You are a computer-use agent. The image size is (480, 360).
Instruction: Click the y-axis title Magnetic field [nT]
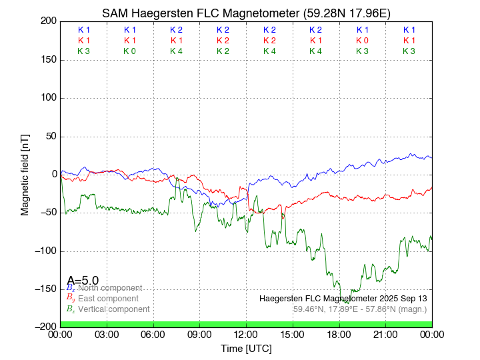click(25, 173)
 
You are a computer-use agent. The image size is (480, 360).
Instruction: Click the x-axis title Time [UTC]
click(246, 348)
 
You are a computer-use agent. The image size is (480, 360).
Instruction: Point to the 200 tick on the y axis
click(49, 21)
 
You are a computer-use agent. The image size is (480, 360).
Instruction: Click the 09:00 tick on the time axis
click(199, 334)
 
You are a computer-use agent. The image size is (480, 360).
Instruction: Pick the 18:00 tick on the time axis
click(339, 334)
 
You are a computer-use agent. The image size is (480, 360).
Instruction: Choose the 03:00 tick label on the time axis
click(107, 334)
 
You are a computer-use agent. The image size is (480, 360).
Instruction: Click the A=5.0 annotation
click(83, 280)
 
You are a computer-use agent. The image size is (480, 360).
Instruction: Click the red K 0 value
click(362, 41)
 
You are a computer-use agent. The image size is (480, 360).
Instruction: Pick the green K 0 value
click(130, 51)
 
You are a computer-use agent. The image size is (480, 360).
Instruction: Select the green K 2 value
click(223, 51)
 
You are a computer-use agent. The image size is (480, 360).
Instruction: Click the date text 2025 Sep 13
click(400, 298)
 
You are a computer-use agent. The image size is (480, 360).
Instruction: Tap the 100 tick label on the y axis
click(48, 97)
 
